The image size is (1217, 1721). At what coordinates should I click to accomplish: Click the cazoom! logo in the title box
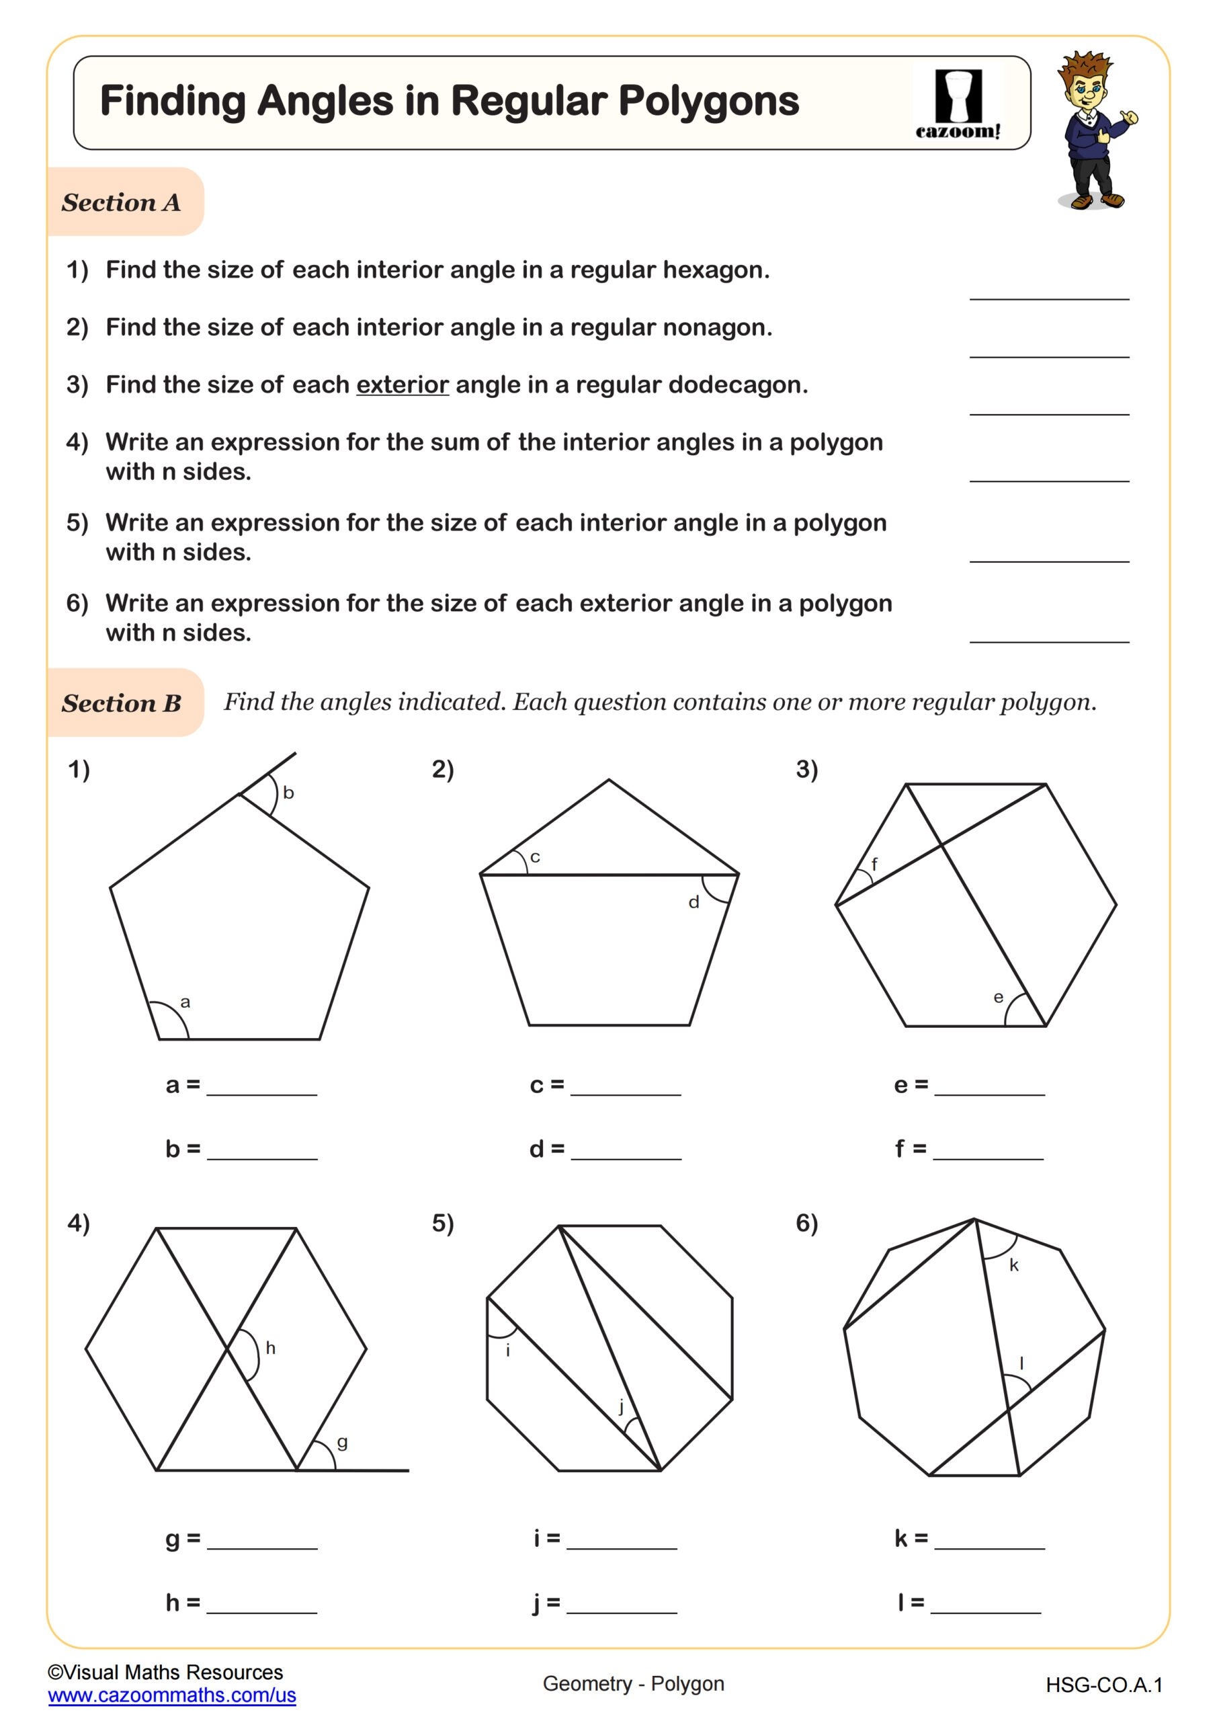coord(958,105)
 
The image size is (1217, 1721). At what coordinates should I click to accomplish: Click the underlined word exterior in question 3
coord(403,385)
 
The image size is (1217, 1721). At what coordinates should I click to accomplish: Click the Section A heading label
coord(122,202)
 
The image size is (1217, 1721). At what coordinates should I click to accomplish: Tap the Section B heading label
coord(122,703)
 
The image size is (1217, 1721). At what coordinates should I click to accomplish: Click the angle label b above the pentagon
coord(288,793)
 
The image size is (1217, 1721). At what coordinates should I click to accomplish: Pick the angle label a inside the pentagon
coord(185,1002)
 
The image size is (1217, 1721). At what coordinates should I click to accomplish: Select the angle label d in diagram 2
coord(694,902)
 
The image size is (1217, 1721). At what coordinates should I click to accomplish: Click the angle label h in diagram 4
coord(271,1349)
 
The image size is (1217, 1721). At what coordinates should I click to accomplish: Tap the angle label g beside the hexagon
coord(343,1442)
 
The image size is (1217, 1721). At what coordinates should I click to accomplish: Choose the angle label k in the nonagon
coord(1014,1265)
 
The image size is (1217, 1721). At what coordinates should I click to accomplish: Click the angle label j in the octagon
coord(621,1406)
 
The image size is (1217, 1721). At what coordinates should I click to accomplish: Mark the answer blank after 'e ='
coord(989,1086)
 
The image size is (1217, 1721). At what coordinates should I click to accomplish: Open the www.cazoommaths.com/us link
coord(171,1695)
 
